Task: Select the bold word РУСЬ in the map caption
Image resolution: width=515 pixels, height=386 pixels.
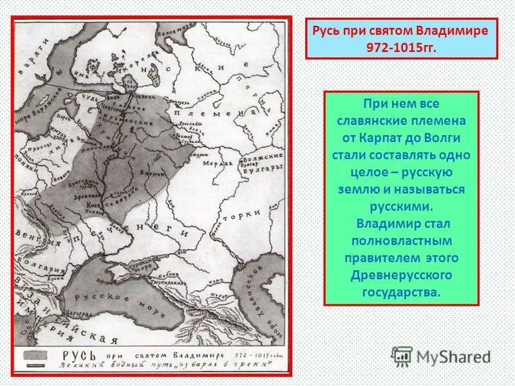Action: pos(76,356)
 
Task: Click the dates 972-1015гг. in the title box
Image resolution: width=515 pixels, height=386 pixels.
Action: pos(400,48)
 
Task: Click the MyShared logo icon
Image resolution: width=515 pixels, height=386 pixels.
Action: pos(402,356)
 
